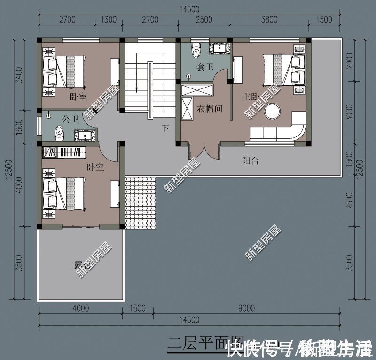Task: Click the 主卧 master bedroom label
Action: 251,97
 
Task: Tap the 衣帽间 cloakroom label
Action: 209,109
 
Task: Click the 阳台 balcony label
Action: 250,161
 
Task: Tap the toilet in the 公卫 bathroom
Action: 59,132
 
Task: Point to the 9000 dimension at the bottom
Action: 246,308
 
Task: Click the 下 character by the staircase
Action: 165,127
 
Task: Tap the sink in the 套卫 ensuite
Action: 219,48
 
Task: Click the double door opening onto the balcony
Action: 204,152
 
